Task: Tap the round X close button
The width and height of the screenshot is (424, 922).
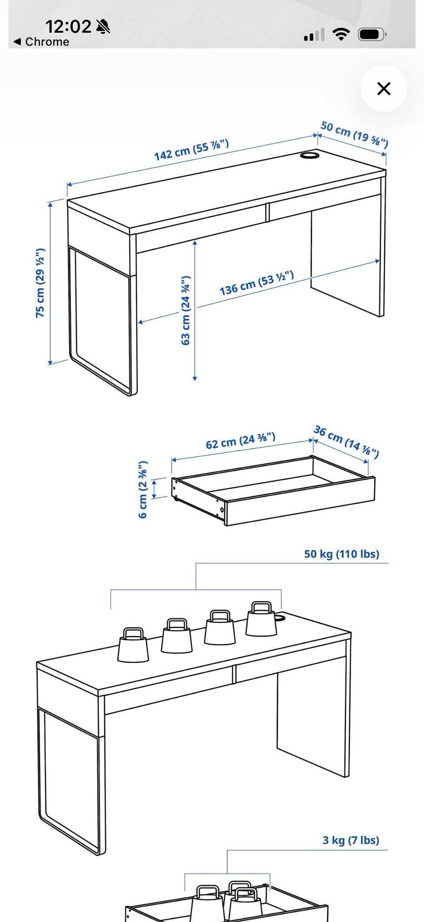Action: click(384, 88)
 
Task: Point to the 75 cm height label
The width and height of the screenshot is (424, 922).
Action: click(40, 283)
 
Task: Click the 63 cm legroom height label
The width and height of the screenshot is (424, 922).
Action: click(185, 310)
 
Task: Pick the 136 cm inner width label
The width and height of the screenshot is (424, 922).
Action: click(257, 284)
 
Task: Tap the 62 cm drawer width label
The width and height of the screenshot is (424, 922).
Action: click(241, 440)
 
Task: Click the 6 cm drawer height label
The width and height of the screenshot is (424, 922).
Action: click(143, 489)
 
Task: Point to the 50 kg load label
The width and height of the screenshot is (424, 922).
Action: click(341, 554)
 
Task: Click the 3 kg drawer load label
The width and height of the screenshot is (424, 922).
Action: click(351, 840)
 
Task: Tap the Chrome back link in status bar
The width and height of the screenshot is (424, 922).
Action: click(42, 42)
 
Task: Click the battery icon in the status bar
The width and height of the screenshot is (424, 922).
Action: click(372, 34)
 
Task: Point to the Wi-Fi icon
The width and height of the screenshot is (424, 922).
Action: click(341, 34)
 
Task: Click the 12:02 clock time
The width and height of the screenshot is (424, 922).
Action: click(68, 27)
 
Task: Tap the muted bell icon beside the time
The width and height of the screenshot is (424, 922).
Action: click(103, 27)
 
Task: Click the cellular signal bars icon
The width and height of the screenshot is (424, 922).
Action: click(314, 34)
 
